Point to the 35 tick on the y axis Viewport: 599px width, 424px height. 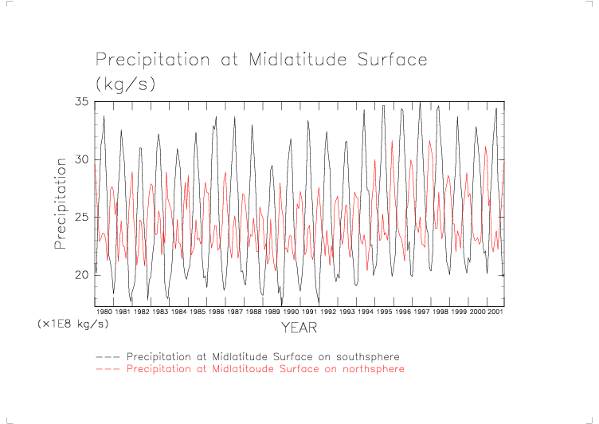pyautogui.click(x=82, y=102)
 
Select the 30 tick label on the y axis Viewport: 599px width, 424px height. pyautogui.click(x=82, y=159)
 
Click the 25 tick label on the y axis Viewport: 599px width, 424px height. pyautogui.click(x=82, y=218)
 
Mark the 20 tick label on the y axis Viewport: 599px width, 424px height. pyautogui.click(x=82, y=275)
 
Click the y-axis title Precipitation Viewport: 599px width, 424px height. pyautogui.click(x=61, y=203)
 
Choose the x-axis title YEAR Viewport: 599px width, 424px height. pyautogui.click(x=300, y=328)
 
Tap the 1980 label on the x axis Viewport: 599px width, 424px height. pyautogui.click(x=104, y=312)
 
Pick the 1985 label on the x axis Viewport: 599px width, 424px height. pyautogui.click(x=197, y=312)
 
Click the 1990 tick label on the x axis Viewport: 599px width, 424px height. pyautogui.click(x=290, y=312)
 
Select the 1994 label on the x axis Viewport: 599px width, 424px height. pyautogui.click(x=365, y=312)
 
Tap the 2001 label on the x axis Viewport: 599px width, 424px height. pyautogui.click(x=495, y=312)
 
